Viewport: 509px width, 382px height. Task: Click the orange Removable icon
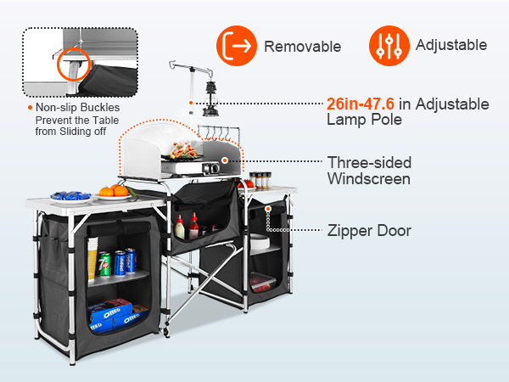pos(236,46)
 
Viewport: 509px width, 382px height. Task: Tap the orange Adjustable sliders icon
pos(389,46)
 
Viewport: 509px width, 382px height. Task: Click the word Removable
pos(302,46)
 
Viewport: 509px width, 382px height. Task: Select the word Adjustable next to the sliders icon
pos(450,45)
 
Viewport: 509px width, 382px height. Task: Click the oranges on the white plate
pos(113,190)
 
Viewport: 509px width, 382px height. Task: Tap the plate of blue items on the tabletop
pos(71,196)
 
